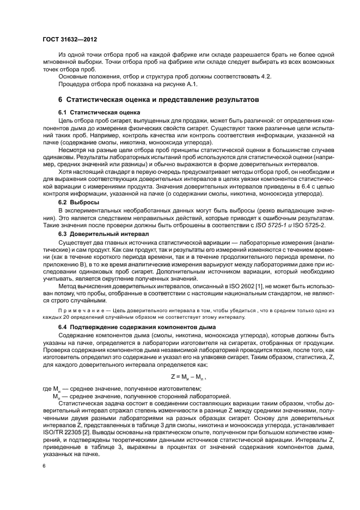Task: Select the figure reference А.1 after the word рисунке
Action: (x=193, y=84)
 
